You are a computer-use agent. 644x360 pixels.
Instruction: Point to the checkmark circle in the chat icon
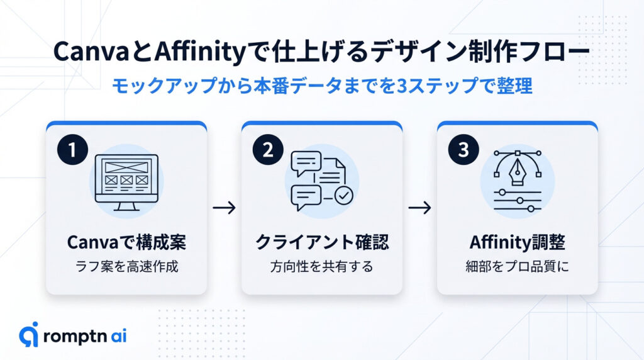coord(343,196)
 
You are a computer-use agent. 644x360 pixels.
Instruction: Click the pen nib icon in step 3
coord(518,169)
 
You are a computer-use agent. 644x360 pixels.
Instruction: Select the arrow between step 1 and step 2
coord(224,208)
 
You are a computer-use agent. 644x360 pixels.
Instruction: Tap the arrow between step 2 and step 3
coord(419,208)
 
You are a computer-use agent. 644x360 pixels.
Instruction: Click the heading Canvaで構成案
coord(126,242)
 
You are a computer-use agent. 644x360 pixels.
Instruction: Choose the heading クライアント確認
coord(321,242)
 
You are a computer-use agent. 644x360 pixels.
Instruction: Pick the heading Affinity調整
coord(517,242)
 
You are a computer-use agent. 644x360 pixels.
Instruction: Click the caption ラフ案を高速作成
coord(126,266)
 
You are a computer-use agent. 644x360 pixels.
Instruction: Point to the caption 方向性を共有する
coord(321,266)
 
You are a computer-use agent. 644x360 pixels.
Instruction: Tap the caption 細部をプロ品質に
coord(517,266)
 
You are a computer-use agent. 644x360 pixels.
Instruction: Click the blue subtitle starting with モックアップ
coord(321,85)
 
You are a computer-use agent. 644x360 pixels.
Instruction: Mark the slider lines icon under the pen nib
coord(518,200)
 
